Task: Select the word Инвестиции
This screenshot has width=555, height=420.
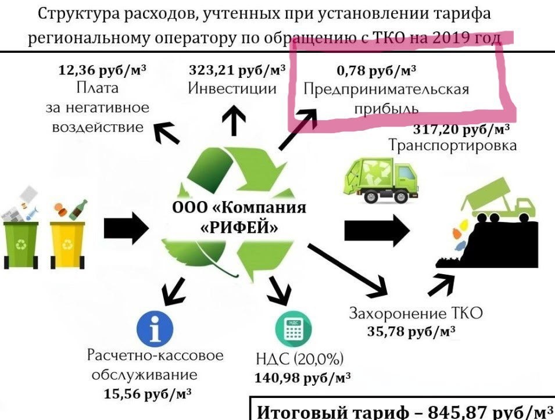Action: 232,89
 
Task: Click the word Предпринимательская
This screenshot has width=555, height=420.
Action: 386,91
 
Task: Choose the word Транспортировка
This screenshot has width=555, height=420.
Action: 453,145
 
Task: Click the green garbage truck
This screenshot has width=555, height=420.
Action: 378,180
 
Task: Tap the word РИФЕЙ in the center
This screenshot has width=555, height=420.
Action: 238,228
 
